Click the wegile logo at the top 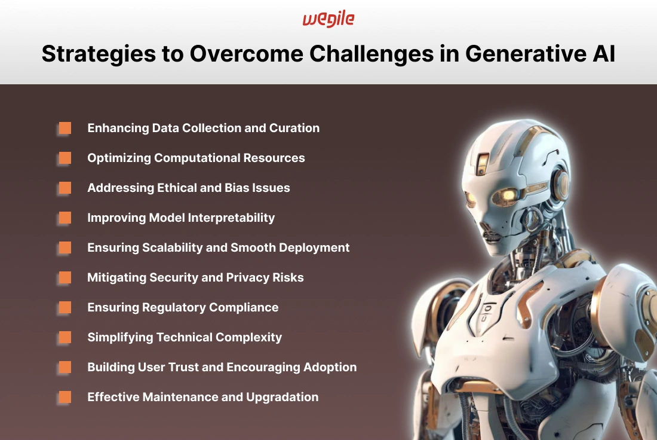pyautogui.click(x=328, y=19)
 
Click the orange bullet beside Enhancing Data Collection pyautogui.click(x=65, y=128)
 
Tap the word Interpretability pyautogui.click(x=231, y=218)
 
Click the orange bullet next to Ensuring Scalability pyautogui.click(x=65, y=247)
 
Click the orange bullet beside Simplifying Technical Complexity pyautogui.click(x=65, y=337)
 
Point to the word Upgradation pyautogui.click(x=283, y=397)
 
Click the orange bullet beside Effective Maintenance pyautogui.click(x=65, y=397)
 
